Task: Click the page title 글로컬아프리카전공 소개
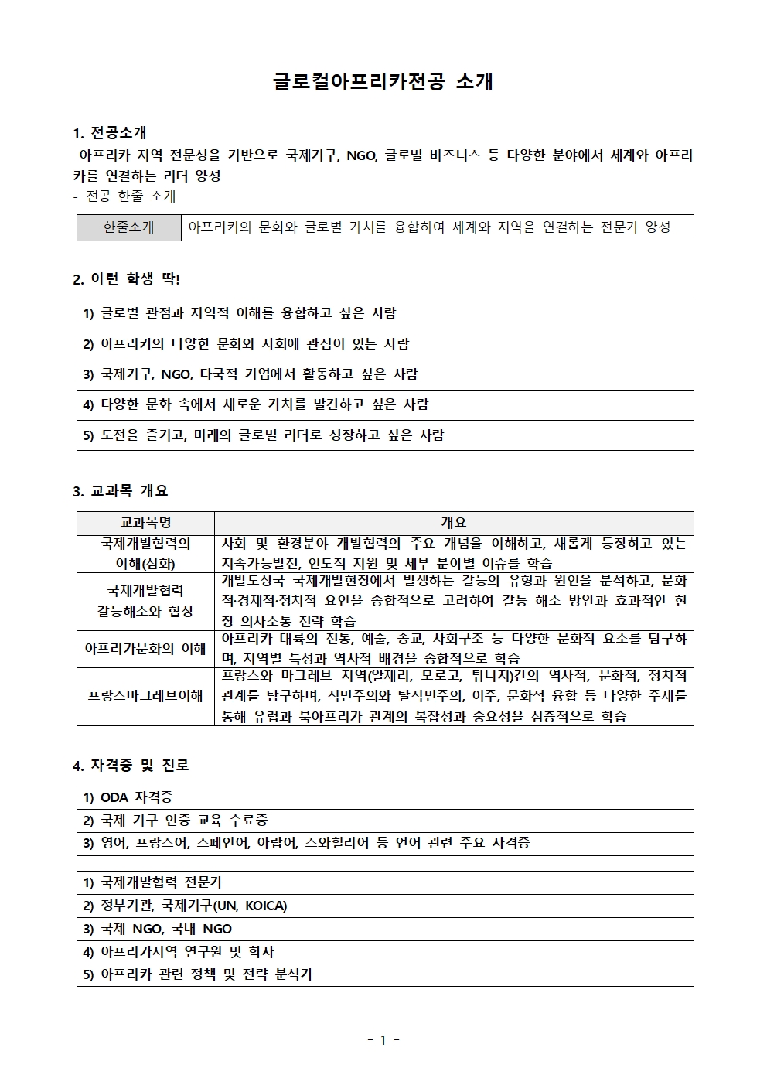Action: click(x=383, y=82)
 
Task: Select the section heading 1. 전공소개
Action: click(x=110, y=133)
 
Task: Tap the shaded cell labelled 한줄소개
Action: click(x=128, y=227)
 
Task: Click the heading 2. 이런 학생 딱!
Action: click(x=126, y=279)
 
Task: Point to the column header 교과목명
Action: click(x=145, y=523)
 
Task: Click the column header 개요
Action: click(x=453, y=523)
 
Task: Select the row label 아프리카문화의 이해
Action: click(x=145, y=649)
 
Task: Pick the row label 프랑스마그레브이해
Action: click(x=145, y=696)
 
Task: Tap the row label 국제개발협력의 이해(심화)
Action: click(x=145, y=554)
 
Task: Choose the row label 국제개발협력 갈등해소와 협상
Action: click(x=145, y=601)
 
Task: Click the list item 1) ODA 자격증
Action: click(x=128, y=797)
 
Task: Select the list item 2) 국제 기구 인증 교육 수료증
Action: click(x=176, y=821)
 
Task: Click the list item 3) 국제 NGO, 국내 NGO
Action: click(x=158, y=929)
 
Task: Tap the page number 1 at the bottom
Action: click(x=383, y=1040)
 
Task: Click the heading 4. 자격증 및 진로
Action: click(x=131, y=766)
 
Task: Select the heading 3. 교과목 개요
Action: click(x=120, y=491)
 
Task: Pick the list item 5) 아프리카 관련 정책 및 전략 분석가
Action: click(x=198, y=974)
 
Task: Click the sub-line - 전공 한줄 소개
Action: click(x=124, y=196)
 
